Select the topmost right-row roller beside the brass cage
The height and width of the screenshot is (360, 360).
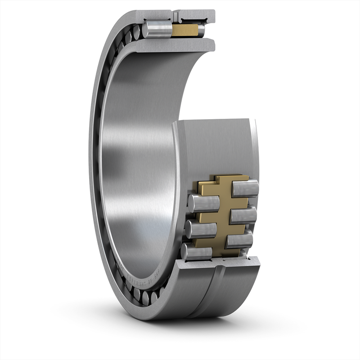(x=245, y=188)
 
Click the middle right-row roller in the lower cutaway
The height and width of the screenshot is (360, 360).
(x=243, y=215)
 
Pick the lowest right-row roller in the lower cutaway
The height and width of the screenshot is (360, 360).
(x=239, y=240)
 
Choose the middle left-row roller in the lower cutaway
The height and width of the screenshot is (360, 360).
(x=201, y=229)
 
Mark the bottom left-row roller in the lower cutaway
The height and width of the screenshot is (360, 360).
(x=197, y=252)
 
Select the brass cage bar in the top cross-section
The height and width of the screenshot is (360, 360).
(x=184, y=30)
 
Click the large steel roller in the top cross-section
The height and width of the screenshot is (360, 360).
(x=157, y=29)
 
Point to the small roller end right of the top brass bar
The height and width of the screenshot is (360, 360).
(x=201, y=30)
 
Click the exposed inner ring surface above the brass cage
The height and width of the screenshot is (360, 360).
(x=216, y=144)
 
